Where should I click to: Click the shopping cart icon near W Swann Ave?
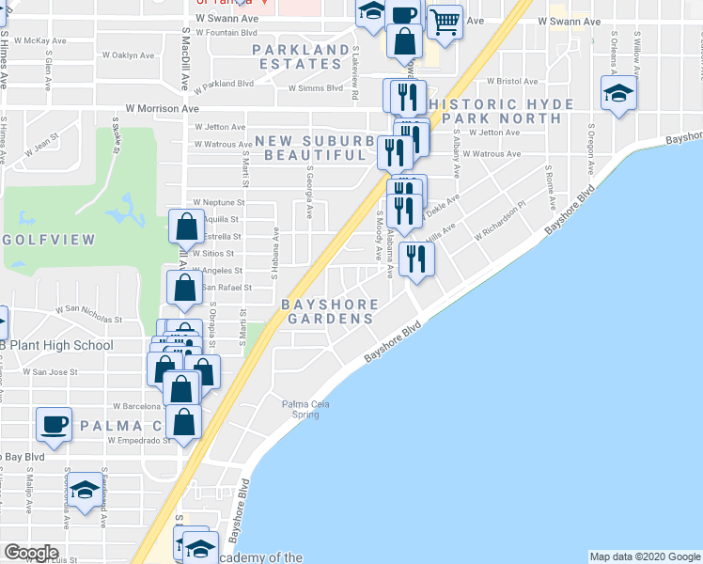point(445,19)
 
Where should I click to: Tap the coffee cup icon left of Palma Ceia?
point(54,423)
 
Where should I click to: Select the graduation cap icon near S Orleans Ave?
point(618,94)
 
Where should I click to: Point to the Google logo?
point(31,553)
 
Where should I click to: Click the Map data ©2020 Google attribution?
point(644,556)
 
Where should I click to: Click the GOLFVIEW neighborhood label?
point(48,241)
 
